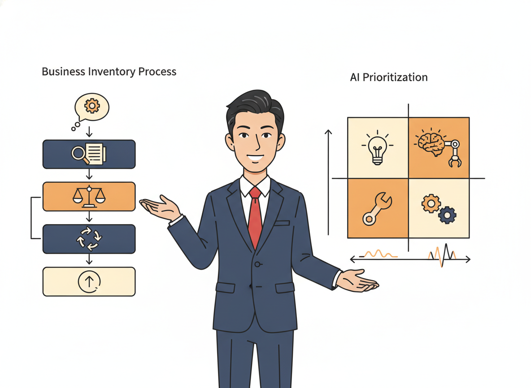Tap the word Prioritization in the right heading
(x=395, y=77)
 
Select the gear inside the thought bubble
(x=92, y=106)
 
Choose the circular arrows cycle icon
(x=89, y=239)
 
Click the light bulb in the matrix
(x=377, y=148)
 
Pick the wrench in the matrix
(x=377, y=208)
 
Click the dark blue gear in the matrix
(x=447, y=215)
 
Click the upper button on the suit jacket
(x=258, y=264)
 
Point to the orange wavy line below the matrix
(x=378, y=254)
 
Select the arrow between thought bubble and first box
(x=89, y=132)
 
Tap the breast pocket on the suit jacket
(x=282, y=223)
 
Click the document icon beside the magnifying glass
(x=96, y=154)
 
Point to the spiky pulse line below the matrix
(x=442, y=255)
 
